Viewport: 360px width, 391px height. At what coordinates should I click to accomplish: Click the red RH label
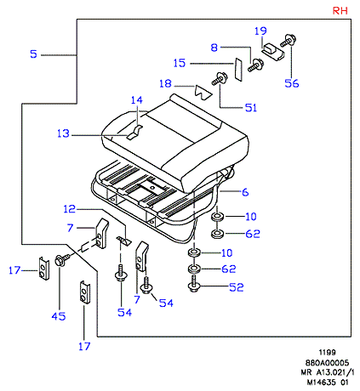tap(340, 11)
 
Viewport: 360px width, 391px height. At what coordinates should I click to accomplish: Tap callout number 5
tap(33, 54)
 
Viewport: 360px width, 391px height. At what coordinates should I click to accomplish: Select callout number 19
tap(260, 31)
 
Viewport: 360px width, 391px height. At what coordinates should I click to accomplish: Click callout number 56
tap(292, 83)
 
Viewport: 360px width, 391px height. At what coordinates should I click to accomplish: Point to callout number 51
tap(251, 108)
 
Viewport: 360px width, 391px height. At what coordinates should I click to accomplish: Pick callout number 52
tap(237, 287)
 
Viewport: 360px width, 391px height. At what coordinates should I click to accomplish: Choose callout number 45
tap(59, 316)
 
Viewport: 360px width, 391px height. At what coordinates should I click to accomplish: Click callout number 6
tap(245, 192)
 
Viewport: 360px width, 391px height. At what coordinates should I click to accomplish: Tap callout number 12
tap(70, 209)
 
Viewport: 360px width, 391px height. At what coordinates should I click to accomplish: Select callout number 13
tap(63, 133)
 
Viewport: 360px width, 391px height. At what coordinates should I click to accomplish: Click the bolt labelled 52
tap(194, 283)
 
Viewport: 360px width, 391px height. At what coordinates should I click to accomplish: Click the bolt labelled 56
tap(289, 41)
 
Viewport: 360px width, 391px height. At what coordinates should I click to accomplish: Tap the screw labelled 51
tap(220, 79)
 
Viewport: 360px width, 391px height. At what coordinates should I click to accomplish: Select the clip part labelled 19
tap(272, 52)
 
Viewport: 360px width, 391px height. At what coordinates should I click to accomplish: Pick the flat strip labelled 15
tap(238, 70)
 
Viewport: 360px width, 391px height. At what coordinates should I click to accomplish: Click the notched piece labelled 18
tap(203, 92)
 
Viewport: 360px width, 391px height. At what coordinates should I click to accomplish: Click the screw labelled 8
tap(255, 65)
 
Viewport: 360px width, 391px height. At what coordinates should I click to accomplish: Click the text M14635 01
tap(328, 382)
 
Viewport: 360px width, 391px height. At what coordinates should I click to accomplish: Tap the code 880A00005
tap(327, 363)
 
